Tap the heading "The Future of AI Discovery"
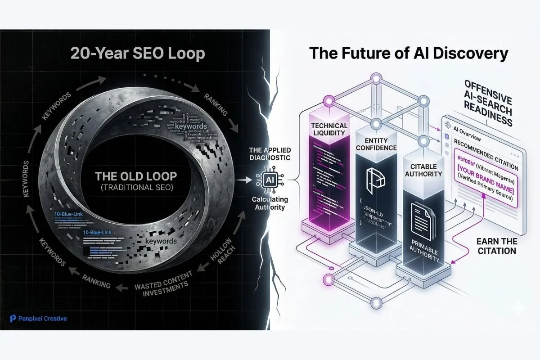tap(409, 54)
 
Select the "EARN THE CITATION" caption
tap(496, 246)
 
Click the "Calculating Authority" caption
tap(270, 204)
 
